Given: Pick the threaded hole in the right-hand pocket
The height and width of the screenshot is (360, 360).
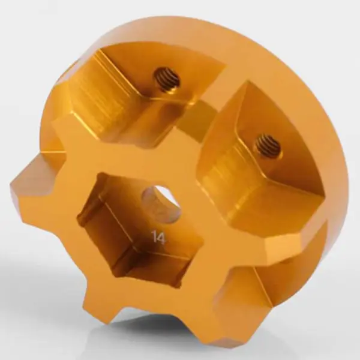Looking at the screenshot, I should click(268, 145).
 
